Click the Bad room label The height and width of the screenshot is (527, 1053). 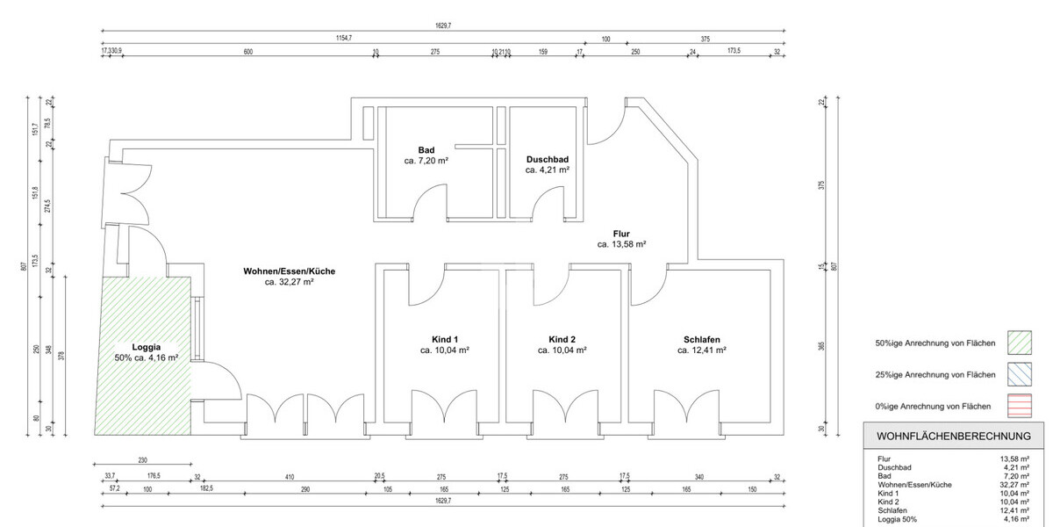click(x=426, y=150)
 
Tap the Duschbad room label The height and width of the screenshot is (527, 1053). click(x=548, y=159)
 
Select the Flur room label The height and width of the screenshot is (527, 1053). click(x=622, y=233)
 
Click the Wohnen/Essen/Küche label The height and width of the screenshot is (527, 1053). click(x=289, y=271)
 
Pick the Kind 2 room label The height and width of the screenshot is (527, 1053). click(x=562, y=339)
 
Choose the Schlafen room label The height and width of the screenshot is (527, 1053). click(x=702, y=339)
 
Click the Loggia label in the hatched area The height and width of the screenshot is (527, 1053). click(x=147, y=347)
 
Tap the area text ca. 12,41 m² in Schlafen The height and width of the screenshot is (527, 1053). click(x=702, y=350)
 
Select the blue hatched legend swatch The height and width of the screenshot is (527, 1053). click(x=1020, y=374)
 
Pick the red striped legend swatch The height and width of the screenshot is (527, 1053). click(x=1020, y=406)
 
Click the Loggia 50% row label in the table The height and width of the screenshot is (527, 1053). click(x=897, y=519)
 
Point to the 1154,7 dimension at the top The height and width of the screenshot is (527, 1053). click(x=343, y=38)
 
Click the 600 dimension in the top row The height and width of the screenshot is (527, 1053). click(x=248, y=52)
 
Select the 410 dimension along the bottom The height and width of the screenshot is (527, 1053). click(x=289, y=477)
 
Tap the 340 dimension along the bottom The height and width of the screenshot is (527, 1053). click(x=698, y=477)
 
